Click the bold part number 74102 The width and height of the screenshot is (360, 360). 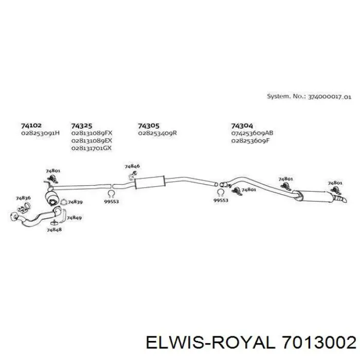coord(31,125)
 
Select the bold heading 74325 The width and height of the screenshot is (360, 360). coord(81,126)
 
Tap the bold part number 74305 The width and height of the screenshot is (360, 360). coord(148,126)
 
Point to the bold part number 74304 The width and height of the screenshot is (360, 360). coord(242,126)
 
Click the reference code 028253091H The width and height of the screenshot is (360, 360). coord(41,133)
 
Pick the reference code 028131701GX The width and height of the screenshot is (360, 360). coord(92,148)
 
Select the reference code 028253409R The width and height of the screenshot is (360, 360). coord(157,133)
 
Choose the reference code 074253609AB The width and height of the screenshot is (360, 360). coord(252,133)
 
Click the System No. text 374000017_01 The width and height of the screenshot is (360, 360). coord(330,97)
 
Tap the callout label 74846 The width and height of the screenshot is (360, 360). coord(132,166)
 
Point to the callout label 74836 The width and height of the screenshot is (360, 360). coord(23,198)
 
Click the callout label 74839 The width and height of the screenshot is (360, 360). coord(75,202)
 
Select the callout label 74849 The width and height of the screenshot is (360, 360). coord(74,218)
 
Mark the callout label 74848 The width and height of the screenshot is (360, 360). coord(54,229)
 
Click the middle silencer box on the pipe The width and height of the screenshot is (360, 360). coord(150,183)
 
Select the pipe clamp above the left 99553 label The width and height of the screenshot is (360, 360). coord(111,194)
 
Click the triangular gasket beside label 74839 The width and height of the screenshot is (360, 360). coord(63,202)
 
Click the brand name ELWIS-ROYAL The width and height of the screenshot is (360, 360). coord(210,344)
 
